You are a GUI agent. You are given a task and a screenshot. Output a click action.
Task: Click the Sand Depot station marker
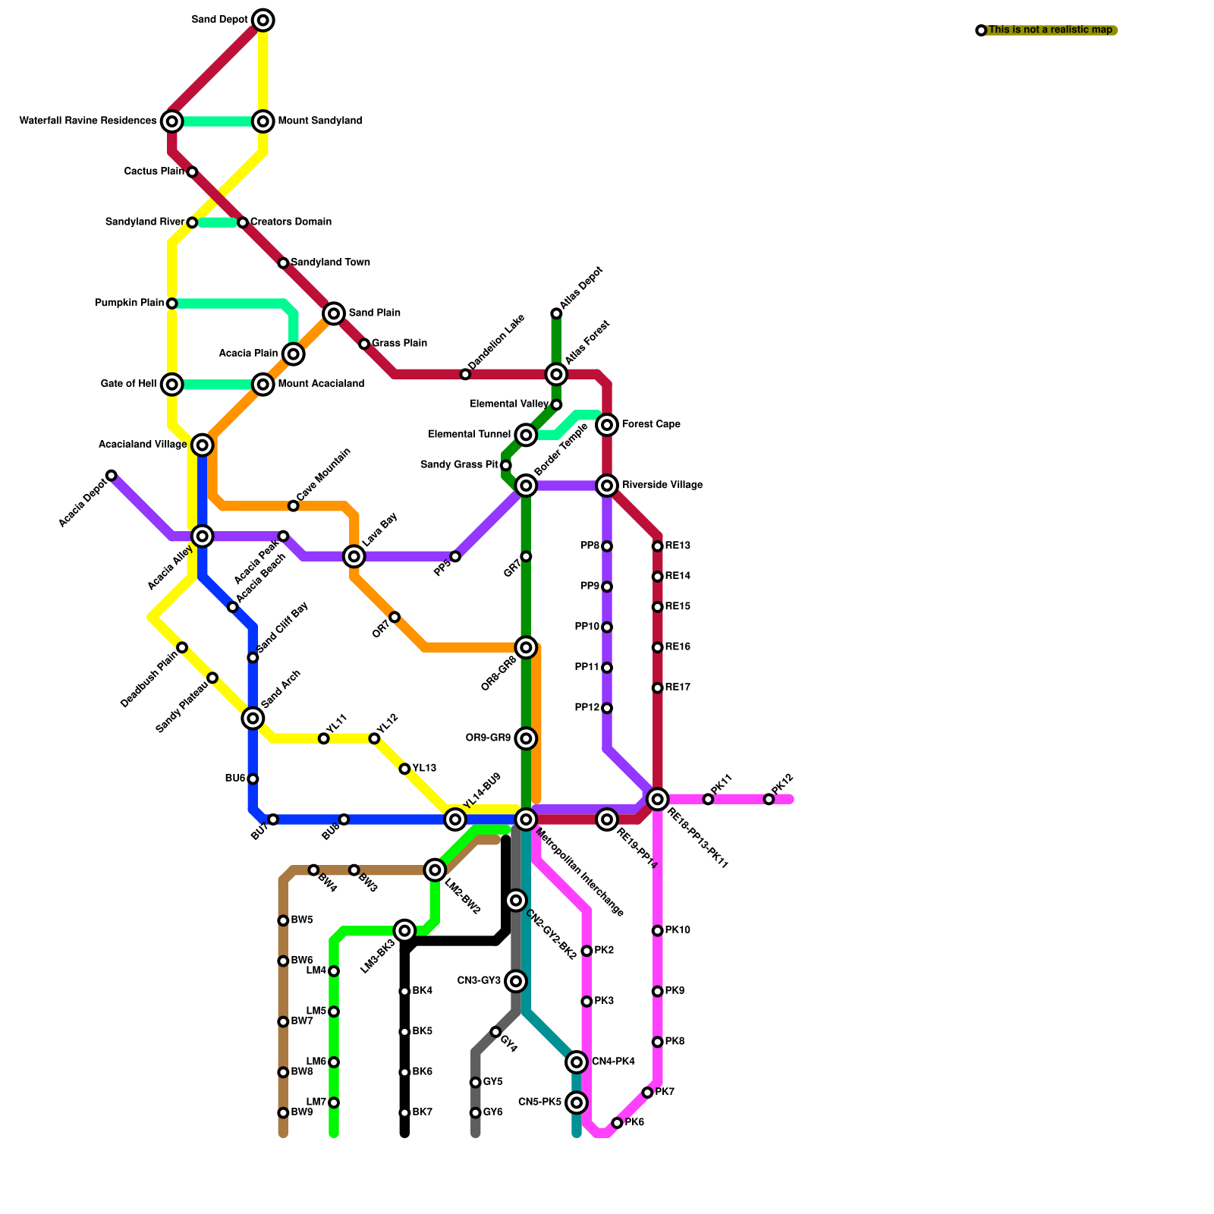pyautogui.click(x=263, y=20)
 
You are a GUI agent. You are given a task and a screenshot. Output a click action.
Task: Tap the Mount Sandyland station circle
pyautogui.click(x=263, y=121)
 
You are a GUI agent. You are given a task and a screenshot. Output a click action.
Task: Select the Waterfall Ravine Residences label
pyautogui.click(x=88, y=121)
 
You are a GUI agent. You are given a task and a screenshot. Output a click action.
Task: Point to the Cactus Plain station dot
pyautogui.click(x=192, y=172)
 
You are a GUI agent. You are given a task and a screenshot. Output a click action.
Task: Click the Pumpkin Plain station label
pyautogui.click(x=129, y=303)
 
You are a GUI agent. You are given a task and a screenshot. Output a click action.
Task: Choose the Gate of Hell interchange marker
pyautogui.click(x=172, y=385)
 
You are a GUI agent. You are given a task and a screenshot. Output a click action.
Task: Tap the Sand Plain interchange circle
pyautogui.click(x=334, y=313)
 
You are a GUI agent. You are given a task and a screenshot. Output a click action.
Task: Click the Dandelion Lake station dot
pyautogui.click(x=465, y=374)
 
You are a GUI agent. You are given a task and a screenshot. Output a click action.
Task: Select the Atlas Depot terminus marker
pyautogui.click(x=556, y=313)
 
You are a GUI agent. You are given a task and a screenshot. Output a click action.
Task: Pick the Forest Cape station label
pyautogui.click(x=651, y=425)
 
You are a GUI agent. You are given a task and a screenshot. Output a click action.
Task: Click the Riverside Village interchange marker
pyautogui.click(x=607, y=486)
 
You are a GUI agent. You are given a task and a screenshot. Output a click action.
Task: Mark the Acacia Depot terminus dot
pyautogui.click(x=112, y=476)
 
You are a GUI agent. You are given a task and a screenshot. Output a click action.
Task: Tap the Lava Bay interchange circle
pyautogui.click(x=354, y=556)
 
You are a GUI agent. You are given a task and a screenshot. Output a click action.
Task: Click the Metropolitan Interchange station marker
pyautogui.click(x=526, y=819)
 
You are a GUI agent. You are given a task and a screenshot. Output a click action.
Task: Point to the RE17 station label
pyautogui.click(x=678, y=688)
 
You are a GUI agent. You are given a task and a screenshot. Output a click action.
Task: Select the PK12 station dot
pyautogui.click(x=769, y=799)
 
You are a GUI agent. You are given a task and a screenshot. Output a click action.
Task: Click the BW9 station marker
pyautogui.click(x=283, y=1113)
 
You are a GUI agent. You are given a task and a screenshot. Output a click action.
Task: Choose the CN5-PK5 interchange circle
pyautogui.click(x=577, y=1102)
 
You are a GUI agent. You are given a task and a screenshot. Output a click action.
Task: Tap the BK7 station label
pyautogui.click(x=422, y=1113)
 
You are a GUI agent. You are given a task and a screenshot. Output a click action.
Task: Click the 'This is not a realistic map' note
pyautogui.click(x=1050, y=30)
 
